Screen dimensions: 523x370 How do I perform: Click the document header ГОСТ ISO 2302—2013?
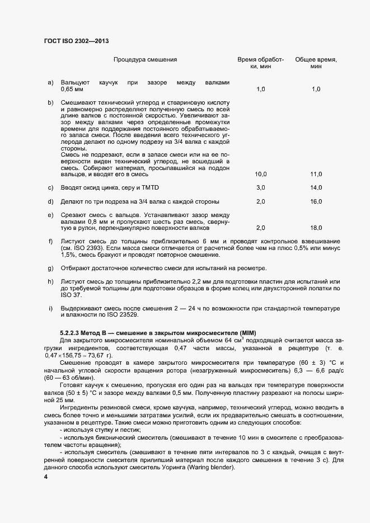pyautogui.click(x=76, y=41)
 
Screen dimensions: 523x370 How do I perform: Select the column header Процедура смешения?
pyautogui.click(x=145, y=59)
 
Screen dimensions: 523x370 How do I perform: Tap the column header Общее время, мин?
pyautogui.click(x=315, y=63)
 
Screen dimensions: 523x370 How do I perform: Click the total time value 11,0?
pyautogui.click(x=316, y=174)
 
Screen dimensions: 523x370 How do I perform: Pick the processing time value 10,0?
pyautogui.click(x=261, y=174)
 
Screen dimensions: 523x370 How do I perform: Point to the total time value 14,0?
pyautogui.click(x=316, y=187)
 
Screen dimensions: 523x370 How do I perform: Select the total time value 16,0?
pyautogui.click(x=316, y=201)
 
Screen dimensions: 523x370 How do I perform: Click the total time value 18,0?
pyautogui.click(x=316, y=228)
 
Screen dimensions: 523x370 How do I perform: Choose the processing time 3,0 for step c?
pyautogui.click(x=261, y=187)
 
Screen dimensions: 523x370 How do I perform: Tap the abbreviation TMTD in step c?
pyautogui.click(x=157, y=187)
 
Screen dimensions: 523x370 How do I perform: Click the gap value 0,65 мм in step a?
pyautogui.click(x=72, y=89)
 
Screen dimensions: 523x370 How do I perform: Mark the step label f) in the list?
pyautogui.click(x=51, y=241)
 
